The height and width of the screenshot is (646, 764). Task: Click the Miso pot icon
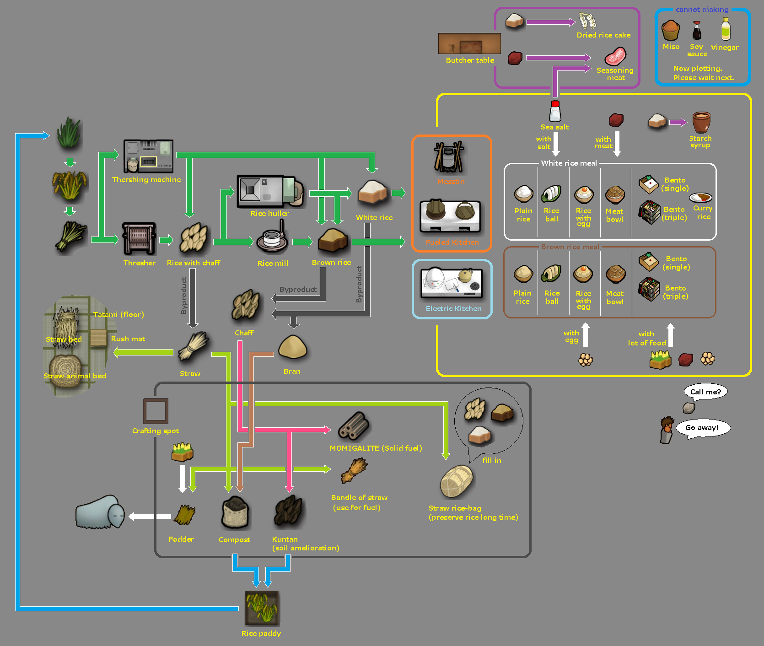(671, 31)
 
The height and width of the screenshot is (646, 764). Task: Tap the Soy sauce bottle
(697, 31)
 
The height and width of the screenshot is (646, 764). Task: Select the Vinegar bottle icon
(725, 29)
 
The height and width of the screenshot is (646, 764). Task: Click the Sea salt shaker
(555, 111)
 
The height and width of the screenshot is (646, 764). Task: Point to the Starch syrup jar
(701, 122)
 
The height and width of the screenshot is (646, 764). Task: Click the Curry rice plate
(701, 198)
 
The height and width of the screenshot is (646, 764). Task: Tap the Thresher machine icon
(139, 238)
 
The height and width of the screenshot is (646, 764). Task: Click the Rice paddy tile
(262, 608)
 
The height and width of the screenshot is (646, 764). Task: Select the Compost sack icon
(235, 513)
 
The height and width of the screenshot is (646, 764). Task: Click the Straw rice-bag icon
(456, 481)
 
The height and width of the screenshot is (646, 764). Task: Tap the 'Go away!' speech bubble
(703, 428)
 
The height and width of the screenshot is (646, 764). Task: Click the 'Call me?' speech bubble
(705, 392)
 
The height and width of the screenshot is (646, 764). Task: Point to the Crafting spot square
(156, 410)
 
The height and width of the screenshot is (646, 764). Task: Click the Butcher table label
(470, 60)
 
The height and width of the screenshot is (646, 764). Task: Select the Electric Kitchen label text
(453, 309)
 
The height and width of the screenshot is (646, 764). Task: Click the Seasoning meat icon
(615, 57)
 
